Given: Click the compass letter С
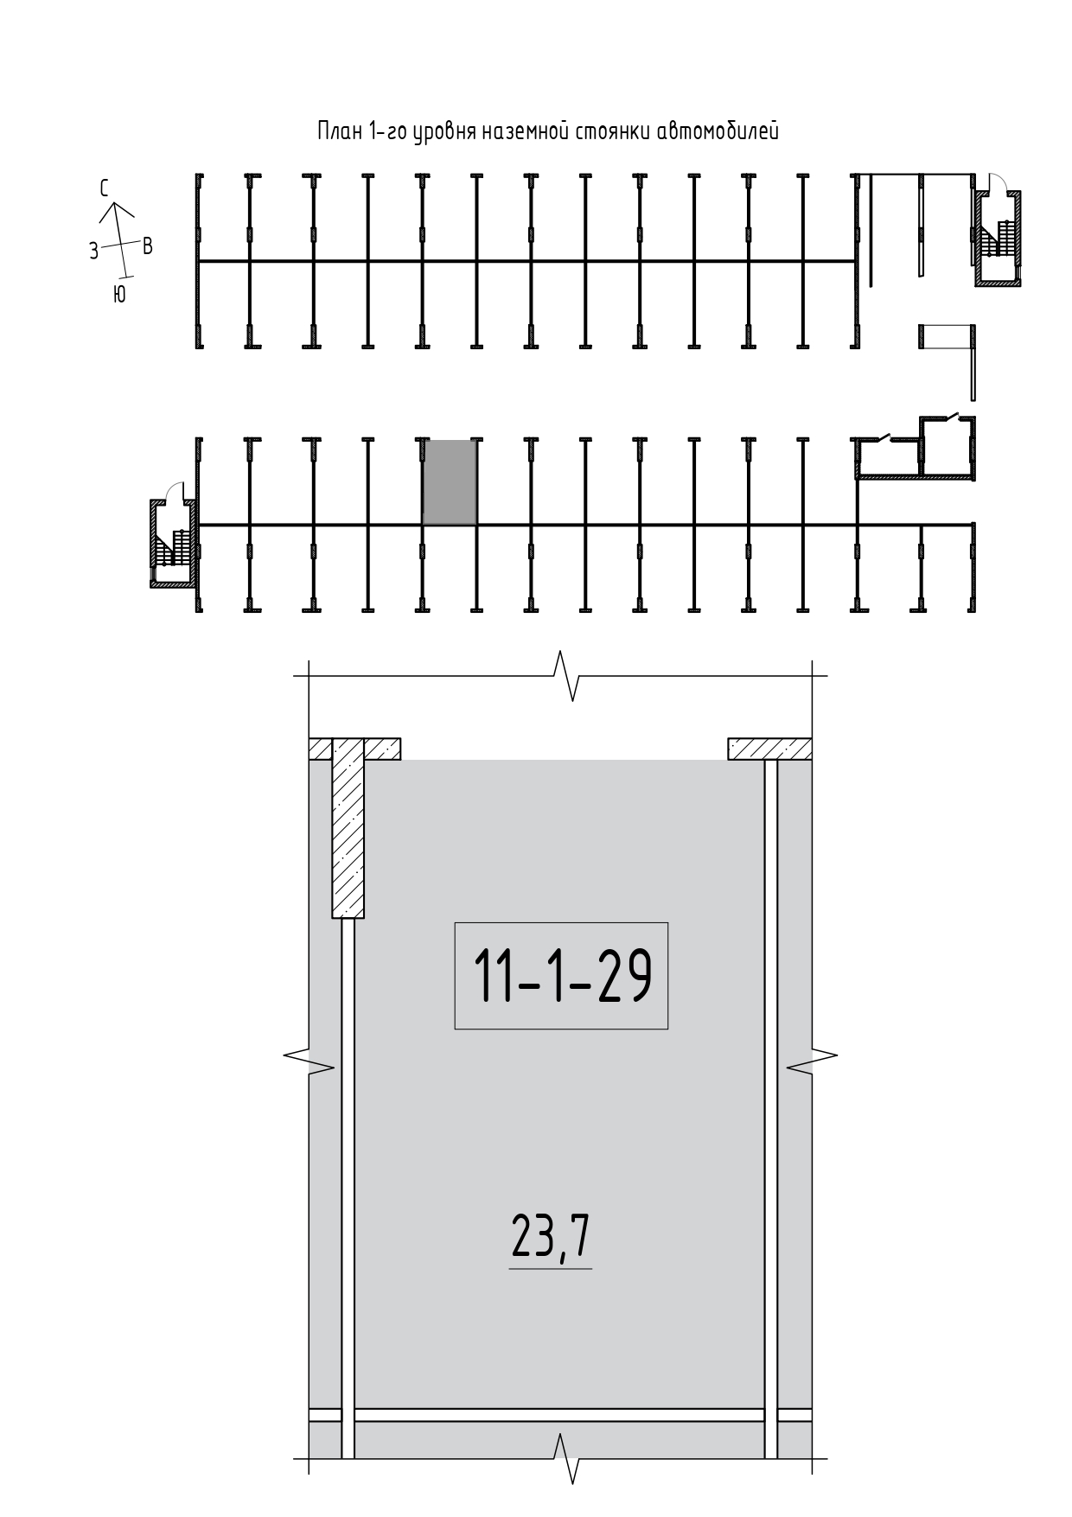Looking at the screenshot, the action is tap(105, 188).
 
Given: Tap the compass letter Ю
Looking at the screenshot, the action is tap(119, 295).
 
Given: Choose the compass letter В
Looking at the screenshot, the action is tap(148, 246).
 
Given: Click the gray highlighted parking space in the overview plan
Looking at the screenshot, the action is tap(450, 482).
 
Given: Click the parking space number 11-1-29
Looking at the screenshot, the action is tap(561, 976).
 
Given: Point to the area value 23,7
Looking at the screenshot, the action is tap(551, 1239).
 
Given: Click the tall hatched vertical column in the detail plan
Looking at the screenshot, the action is tap(348, 828).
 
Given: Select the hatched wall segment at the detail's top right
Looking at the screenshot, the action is tap(769, 749).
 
